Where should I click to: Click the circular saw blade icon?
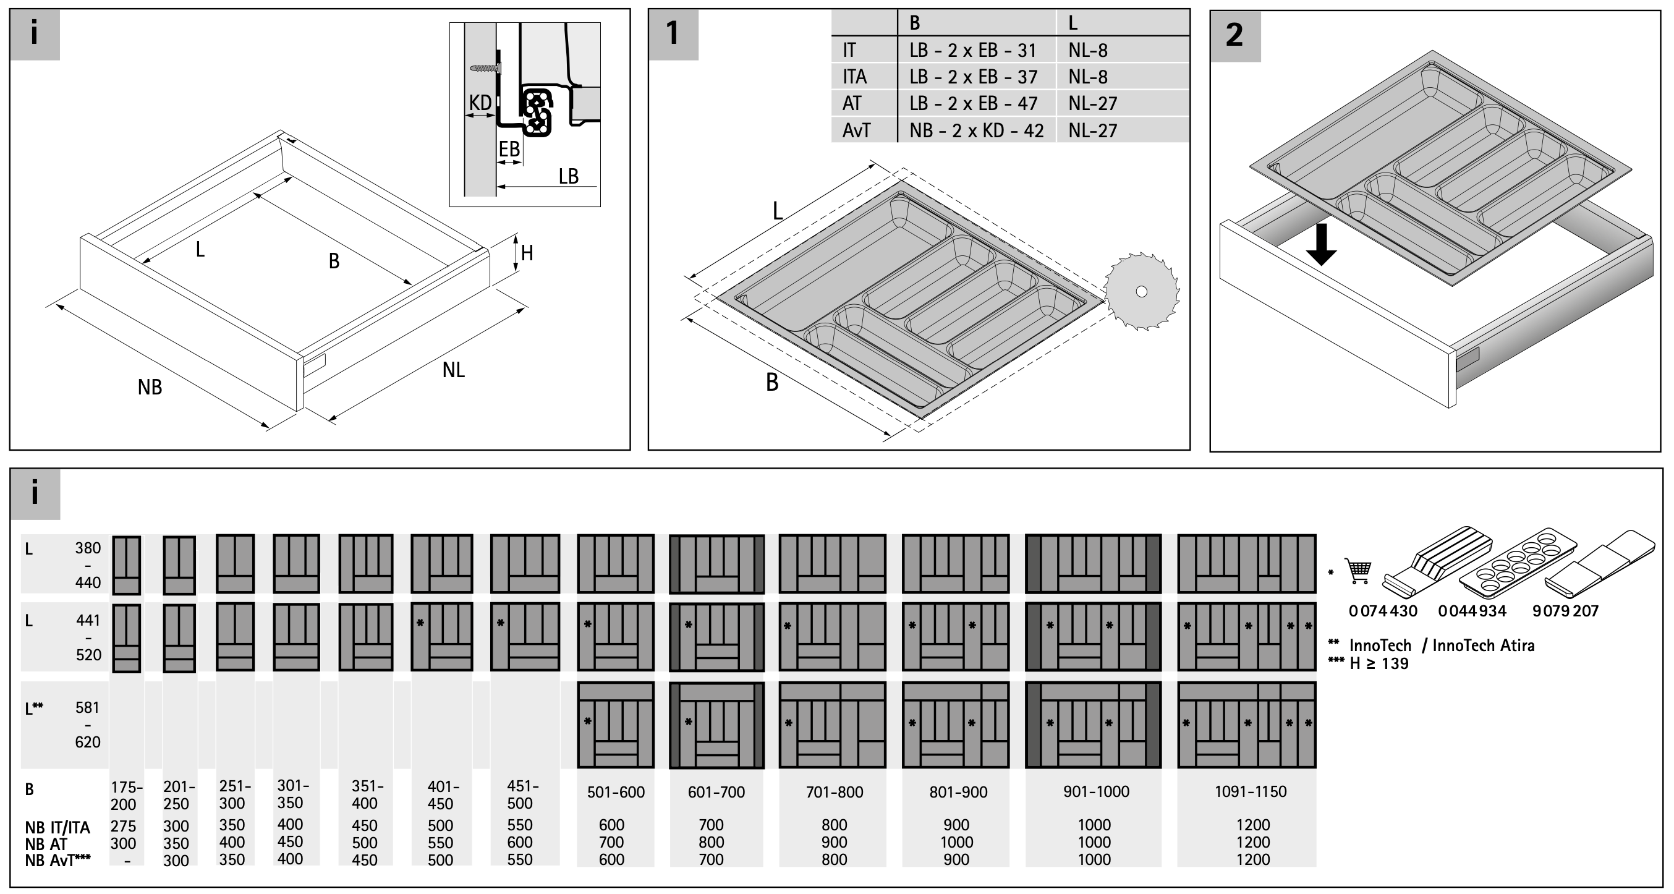[1142, 292]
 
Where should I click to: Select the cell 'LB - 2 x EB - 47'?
[973, 103]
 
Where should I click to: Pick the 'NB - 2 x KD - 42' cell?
[976, 130]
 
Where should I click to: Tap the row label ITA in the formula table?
[854, 77]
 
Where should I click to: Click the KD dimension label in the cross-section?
[480, 103]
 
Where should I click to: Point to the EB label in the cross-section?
[509, 150]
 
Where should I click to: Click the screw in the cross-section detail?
[485, 67]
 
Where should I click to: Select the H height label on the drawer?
[527, 253]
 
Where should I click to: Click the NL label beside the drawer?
[454, 370]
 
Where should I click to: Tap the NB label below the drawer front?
[150, 387]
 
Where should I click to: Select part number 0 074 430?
[1383, 611]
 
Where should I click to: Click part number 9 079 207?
[1565, 611]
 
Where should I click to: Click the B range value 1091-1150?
[1251, 791]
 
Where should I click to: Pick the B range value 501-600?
[616, 792]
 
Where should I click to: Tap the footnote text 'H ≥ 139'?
[1379, 663]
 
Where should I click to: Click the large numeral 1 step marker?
[673, 33]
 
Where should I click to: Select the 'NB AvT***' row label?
[58, 860]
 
